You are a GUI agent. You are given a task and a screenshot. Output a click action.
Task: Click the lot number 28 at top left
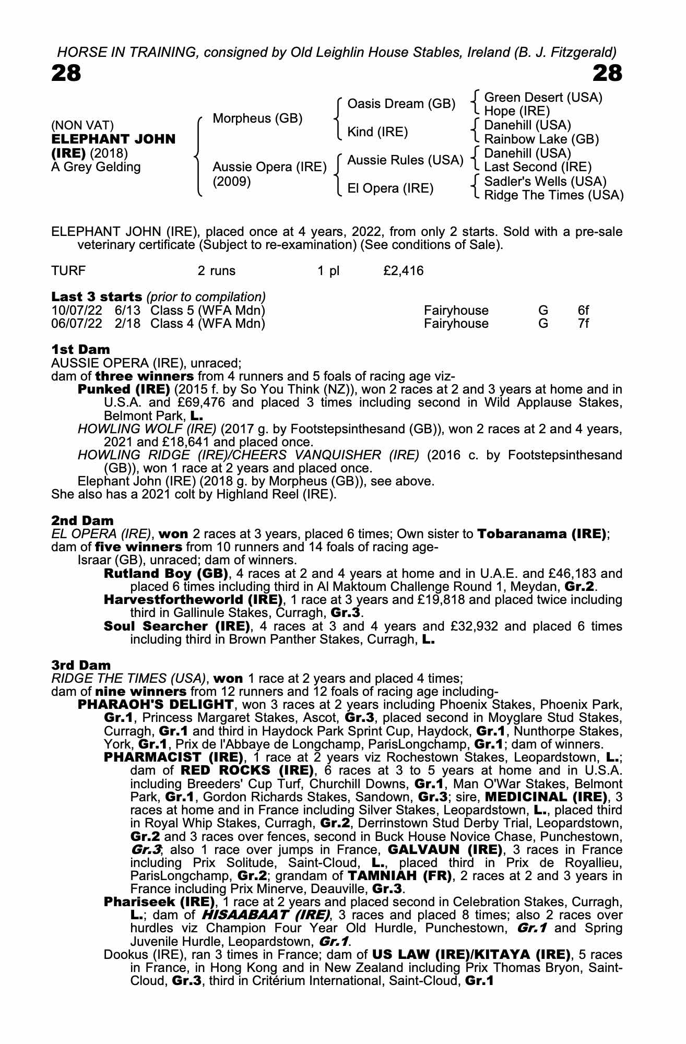pos(66,74)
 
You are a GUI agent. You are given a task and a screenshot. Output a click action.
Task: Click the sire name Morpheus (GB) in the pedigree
pos(257,118)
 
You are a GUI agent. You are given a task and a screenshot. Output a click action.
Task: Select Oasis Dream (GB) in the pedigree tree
pos(401,104)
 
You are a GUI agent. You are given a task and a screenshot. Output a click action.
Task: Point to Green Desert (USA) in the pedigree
pos(543,98)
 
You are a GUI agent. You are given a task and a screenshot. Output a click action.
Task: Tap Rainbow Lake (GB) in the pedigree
pos(541,139)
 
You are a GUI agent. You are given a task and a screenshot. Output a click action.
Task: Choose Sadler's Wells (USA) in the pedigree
pos(545,181)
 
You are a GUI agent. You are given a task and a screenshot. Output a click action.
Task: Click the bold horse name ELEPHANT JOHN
pos(113,139)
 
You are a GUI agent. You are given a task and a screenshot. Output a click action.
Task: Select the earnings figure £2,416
pos(403,271)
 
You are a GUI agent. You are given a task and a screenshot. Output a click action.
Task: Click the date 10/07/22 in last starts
pos(77,311)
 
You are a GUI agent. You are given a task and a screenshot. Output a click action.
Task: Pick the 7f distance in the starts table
pos(583,324)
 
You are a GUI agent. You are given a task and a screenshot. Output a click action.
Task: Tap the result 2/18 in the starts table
pos(127,324)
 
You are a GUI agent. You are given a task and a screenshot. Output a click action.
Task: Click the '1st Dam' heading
pos(81,349)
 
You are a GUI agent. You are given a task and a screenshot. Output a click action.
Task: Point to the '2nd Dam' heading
pos(82,520)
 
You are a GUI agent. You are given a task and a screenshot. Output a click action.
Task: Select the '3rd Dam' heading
pos(81,665)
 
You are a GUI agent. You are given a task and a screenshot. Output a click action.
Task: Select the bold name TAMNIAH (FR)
pos(399,875)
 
